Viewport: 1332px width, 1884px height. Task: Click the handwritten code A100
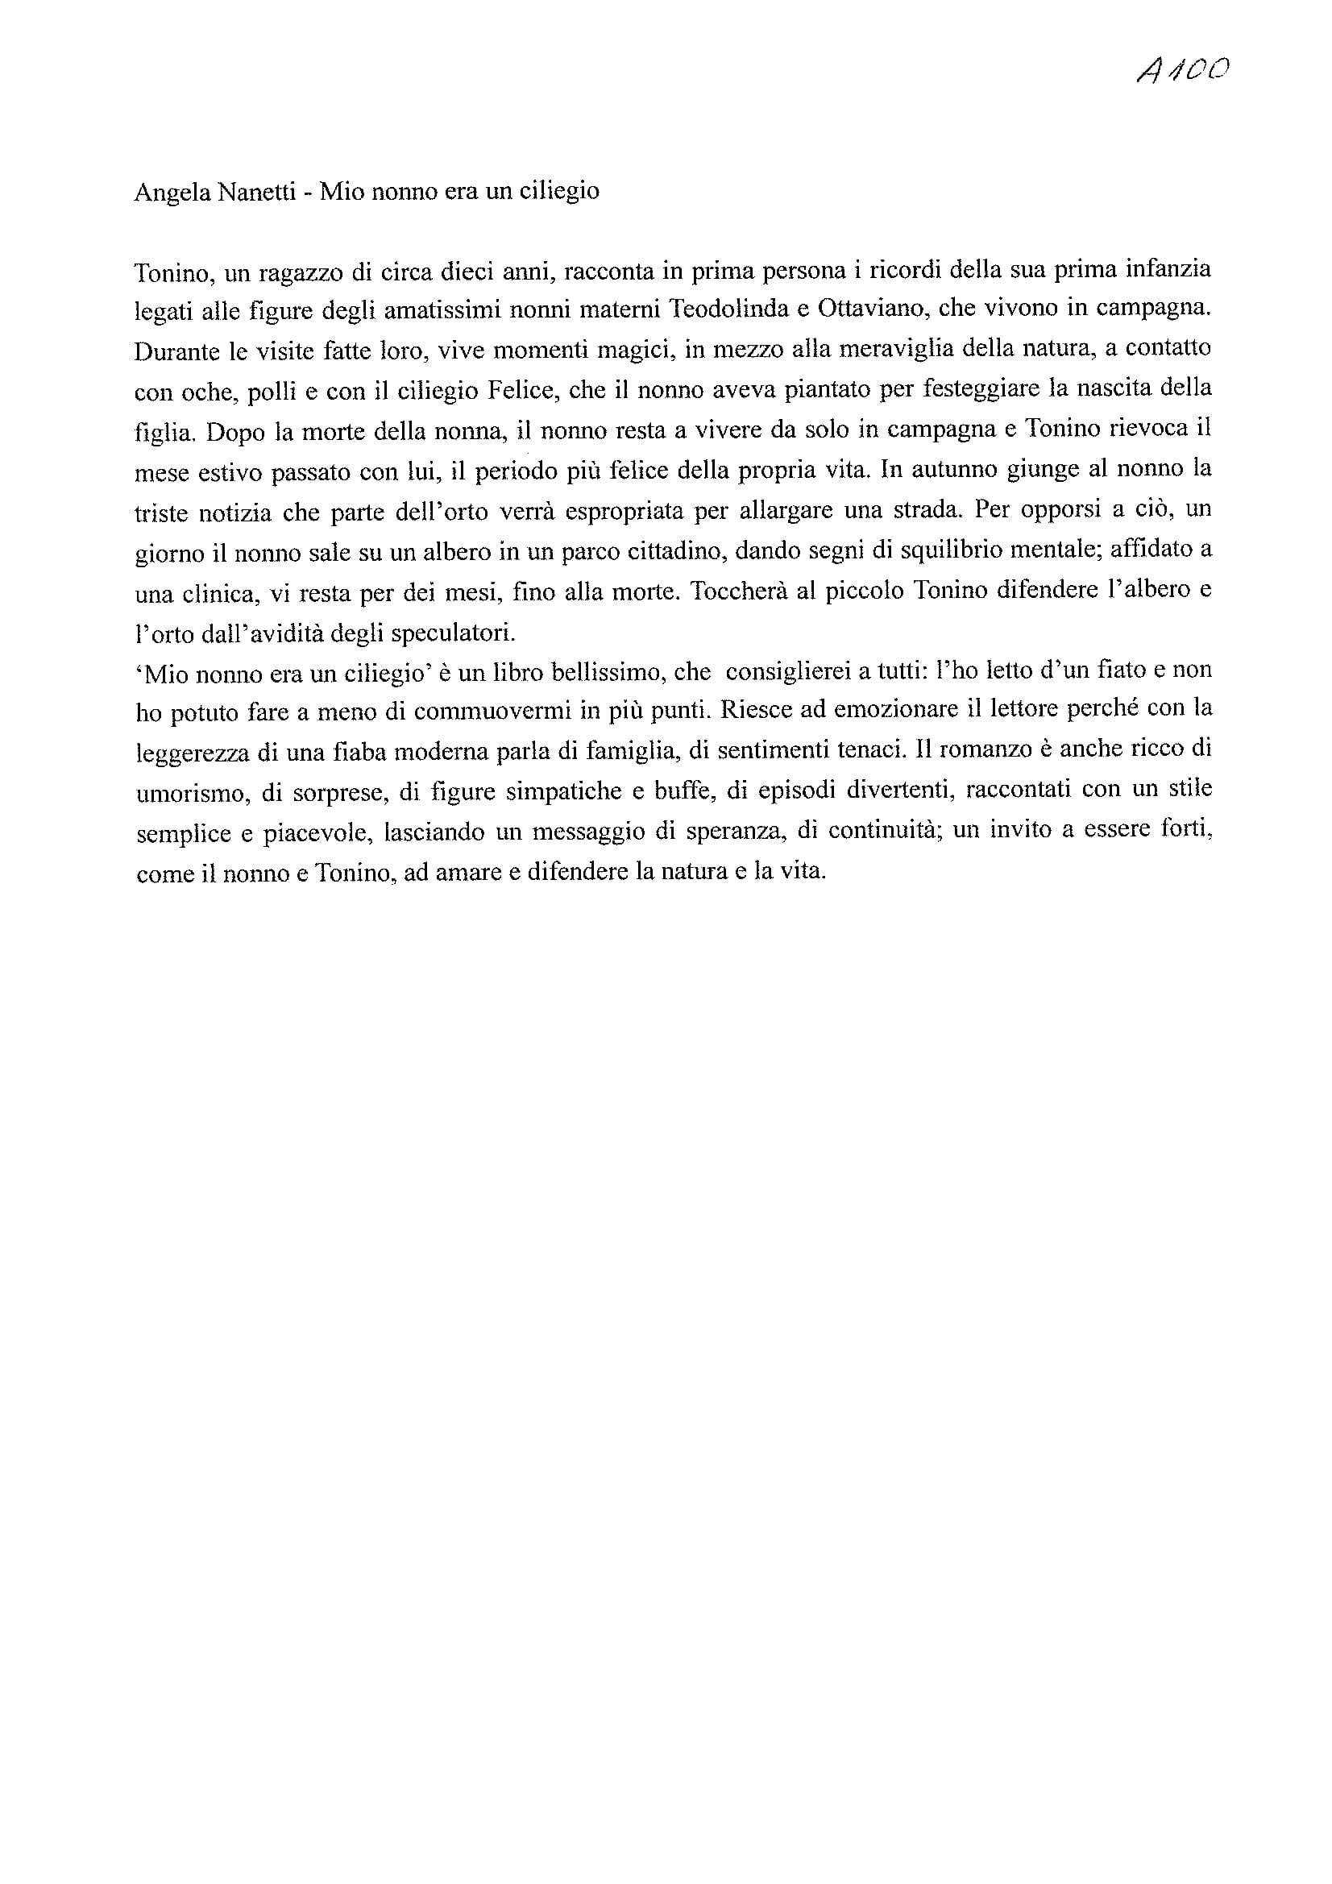pyautogui.click(x=1183, y=72)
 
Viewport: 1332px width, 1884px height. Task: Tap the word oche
pyautogui.click(x=202, y=392)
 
